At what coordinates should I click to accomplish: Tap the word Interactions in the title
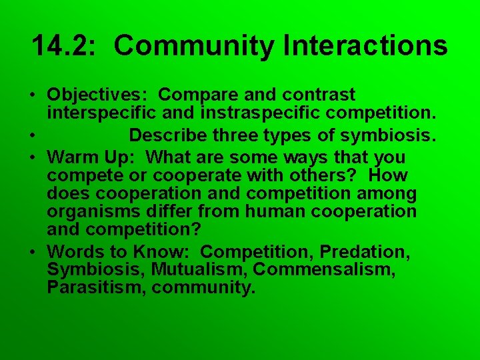point(365,46)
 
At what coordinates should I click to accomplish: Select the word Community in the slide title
point(194,46)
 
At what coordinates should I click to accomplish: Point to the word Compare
point(195,95)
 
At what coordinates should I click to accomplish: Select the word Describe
point(168,136)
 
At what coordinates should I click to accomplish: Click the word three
point(242,136)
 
